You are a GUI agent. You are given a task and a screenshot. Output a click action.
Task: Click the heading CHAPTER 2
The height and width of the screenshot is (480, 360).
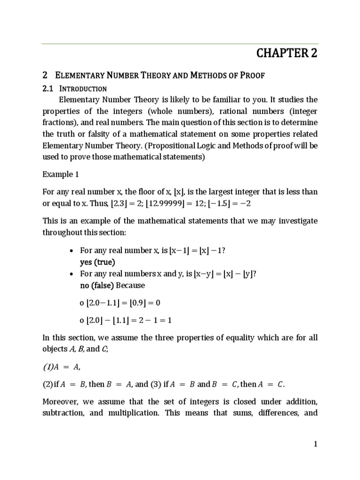click(287, 53)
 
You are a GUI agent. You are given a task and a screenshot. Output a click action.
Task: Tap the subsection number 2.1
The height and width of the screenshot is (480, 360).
click(48, 89)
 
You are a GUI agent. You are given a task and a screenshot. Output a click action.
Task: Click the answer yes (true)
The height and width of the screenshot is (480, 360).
click(97, 262)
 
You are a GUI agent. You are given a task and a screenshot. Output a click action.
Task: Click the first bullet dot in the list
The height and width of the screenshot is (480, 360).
click(71, 250)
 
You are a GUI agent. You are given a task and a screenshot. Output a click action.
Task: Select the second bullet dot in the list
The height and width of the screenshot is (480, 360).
click(71, 274)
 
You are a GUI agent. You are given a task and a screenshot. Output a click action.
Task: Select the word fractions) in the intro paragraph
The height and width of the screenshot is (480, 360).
click(59, 123)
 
